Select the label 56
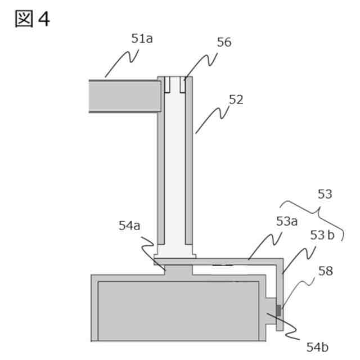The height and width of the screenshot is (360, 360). tap(223, 42)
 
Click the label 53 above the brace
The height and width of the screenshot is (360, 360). tap(325, 195)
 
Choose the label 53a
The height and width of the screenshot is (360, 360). tap(287, 222)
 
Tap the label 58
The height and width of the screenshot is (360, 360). tap(325, 271)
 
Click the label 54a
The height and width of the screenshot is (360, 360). tap(130, 226)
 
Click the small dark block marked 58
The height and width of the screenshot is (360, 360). tap(278, 310)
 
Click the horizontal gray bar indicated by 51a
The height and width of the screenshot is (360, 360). tap(124, 96)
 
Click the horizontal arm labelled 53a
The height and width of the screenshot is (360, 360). tap(236, 262)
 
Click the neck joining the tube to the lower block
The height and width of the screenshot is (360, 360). tap(178, 271)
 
